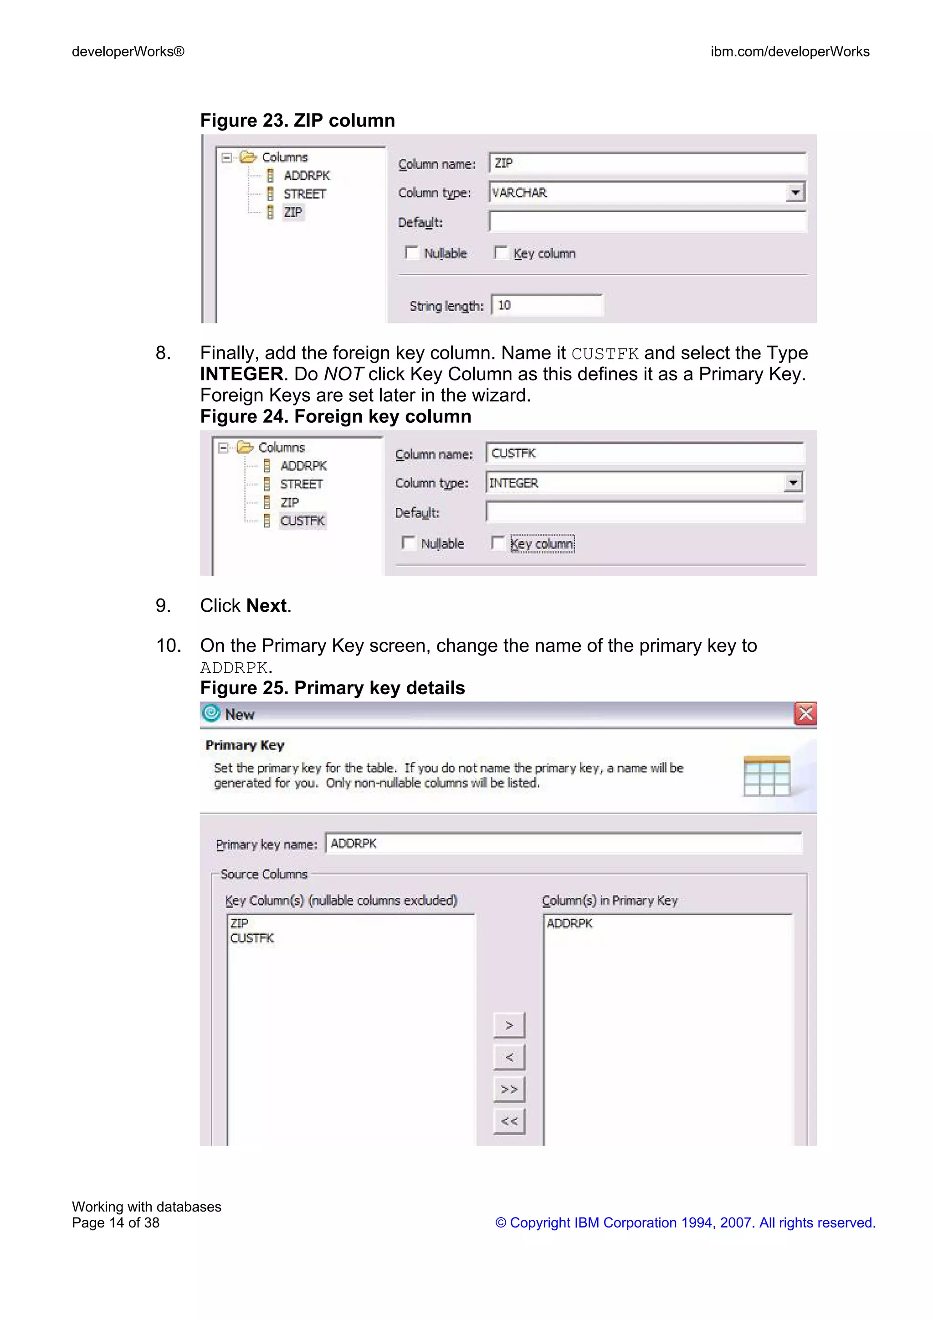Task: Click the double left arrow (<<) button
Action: pos(509,1121)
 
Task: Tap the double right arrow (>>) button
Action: pos(509,1089)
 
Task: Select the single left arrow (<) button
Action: pos(509,1057)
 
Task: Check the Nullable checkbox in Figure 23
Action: pos(411,252)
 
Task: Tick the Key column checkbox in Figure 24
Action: pos(498,543)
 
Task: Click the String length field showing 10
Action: pos(546,305)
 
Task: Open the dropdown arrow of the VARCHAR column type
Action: pos(795,192)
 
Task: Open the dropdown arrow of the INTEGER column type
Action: pos(793,482)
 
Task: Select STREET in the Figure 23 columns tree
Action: pos(304,194)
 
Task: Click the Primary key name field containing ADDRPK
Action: pos(564,844)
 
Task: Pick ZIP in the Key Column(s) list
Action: pos(239,923)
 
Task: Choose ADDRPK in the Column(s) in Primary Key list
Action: pos(569,923)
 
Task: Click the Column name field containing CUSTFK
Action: pos(644,453)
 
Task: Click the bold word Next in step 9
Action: pos(266,605)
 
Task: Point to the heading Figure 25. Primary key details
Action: pos(332,688)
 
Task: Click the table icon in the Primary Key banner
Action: pos(766,776)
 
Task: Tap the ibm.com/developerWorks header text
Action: pos(789,52)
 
